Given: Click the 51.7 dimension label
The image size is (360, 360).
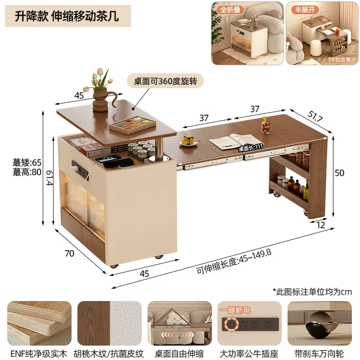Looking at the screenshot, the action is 315,116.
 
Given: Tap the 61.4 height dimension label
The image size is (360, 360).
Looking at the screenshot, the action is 49,178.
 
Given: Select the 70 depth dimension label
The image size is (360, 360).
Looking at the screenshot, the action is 69,253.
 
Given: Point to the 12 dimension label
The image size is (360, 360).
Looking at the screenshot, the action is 321,225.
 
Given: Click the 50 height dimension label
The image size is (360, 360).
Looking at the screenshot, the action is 339,173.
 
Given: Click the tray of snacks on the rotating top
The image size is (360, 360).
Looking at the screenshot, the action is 132,125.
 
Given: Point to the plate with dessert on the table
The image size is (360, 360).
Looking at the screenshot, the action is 188,140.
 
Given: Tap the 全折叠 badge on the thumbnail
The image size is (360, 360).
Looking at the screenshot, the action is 230,9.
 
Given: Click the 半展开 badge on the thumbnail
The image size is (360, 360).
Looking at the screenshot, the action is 305,9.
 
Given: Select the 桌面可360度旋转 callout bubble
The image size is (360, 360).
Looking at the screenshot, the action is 165,81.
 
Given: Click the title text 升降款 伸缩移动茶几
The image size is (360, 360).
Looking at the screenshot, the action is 67,16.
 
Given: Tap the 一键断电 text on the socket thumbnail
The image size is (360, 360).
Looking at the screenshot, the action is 235,310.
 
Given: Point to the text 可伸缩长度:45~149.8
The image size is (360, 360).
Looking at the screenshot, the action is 234,261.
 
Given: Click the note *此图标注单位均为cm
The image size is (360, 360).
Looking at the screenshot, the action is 312,292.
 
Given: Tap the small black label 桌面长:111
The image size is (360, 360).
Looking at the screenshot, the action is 251,148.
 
